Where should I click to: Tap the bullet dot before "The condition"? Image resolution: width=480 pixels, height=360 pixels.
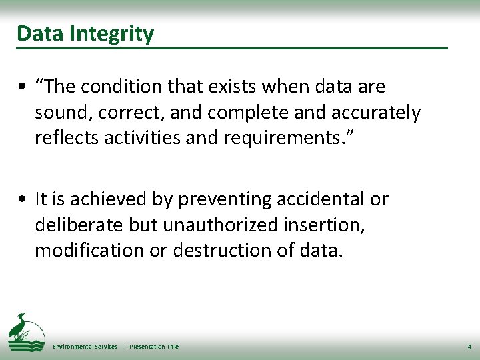[23, 87]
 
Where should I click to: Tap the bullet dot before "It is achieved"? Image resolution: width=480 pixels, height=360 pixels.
[23, 199]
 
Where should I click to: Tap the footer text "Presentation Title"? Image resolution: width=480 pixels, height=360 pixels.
[154, 347]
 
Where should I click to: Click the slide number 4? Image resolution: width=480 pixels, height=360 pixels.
[469, 347]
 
